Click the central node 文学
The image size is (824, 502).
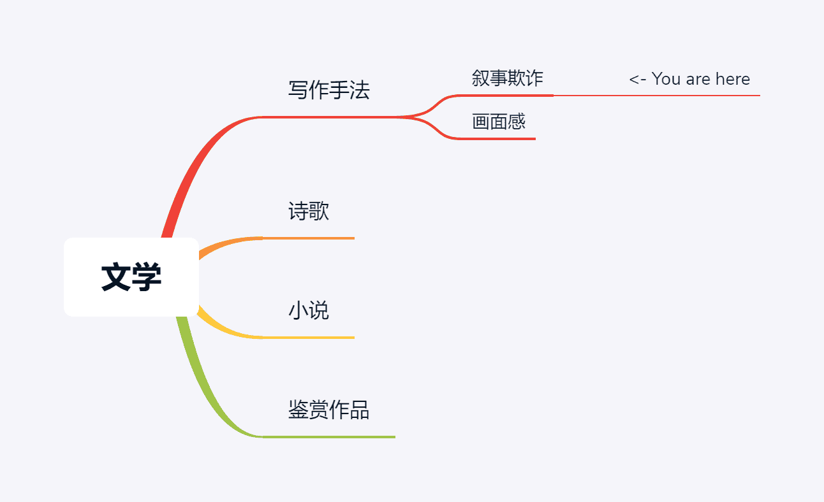tap(131, 277)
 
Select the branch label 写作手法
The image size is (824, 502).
tap(328, 90)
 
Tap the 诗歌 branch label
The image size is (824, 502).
tap(309, 211)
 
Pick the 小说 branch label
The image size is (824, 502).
tap(309, 311)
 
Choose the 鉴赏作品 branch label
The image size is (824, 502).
tap(328, 410)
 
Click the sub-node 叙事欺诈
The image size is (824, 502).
tap(507, 78)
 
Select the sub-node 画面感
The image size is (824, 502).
tap(499, 121)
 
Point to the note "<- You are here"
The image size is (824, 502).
tap(689, 79)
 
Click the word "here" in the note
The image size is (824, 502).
tap(732, 79)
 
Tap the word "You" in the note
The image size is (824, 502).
tap(666, 79)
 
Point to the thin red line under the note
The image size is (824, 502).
tap(657, 96)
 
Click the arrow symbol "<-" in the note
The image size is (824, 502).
tap(637, 80)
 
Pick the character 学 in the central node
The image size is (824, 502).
tap(147, 278)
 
